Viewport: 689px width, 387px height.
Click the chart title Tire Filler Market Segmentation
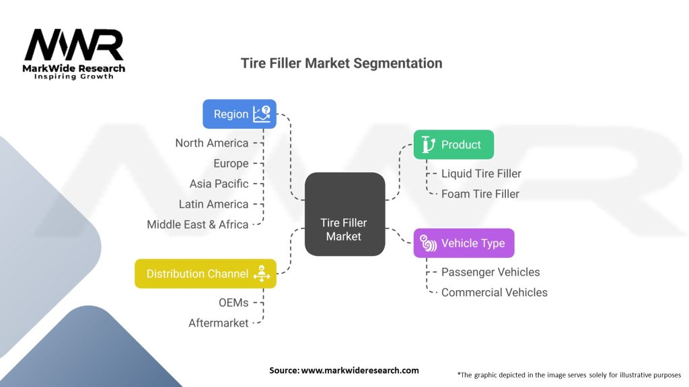point(342,63)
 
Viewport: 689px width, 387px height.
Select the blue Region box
point(240,114)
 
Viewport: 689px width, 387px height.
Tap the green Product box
point(453,144)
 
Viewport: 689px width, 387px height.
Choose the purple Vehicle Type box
point(464,243)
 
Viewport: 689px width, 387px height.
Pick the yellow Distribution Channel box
point(205,273)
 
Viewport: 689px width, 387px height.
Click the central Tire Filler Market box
point(344,214)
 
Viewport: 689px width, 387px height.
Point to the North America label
point(211,143)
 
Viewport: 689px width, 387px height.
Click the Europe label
point(231,163)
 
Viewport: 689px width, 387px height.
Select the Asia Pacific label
point(219,183)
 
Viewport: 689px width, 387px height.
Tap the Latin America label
point(213,204)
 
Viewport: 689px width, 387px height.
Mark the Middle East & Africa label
point(197,224)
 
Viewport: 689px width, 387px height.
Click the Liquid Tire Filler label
point(481,173)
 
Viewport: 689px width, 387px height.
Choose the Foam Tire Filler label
point(480,193)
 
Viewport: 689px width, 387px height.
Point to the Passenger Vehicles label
point(491,272)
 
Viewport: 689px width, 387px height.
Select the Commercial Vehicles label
point(494,292)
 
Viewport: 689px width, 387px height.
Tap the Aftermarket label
point(218,323)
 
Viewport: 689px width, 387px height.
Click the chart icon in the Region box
point(261,114)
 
